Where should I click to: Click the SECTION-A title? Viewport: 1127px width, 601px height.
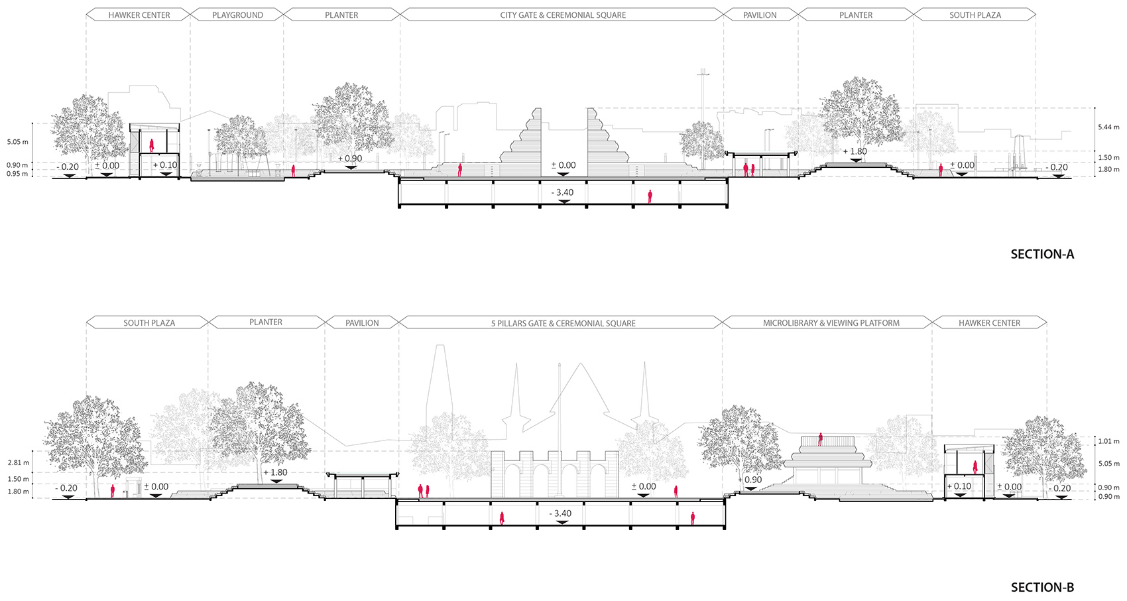1042,254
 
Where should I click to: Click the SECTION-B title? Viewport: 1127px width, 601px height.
1042,587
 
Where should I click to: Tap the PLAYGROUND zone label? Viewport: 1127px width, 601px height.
237,15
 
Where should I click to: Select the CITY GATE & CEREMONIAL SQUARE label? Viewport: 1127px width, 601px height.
562,15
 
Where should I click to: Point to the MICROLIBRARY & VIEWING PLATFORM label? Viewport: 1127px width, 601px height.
831,322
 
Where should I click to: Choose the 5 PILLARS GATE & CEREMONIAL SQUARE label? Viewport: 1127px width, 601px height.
563,323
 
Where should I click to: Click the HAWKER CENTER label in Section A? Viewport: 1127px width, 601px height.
139,15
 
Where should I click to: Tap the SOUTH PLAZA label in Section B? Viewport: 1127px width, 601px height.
149,322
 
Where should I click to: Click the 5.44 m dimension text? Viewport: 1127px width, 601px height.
1109,127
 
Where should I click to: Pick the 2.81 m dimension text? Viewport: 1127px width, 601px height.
18,462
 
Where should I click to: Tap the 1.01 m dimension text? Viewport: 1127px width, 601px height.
1109,441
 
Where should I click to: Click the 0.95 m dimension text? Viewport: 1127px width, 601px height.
17,174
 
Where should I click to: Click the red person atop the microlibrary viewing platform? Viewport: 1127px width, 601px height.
820,439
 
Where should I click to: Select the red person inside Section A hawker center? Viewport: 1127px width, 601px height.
151,145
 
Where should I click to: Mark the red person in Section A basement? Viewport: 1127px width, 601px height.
650,196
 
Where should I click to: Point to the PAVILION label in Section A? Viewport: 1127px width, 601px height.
760,15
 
